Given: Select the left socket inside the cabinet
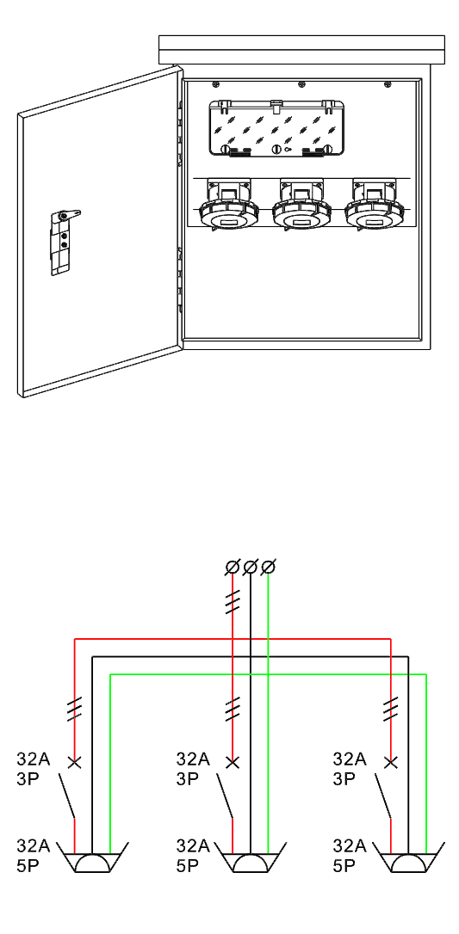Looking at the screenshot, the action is coord(228,206).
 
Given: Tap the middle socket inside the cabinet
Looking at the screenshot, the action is coord(301,206).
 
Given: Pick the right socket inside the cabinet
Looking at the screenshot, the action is coord(375,206).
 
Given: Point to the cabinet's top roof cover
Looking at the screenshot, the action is coord(301,50).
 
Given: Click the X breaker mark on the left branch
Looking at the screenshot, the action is coord(75,762).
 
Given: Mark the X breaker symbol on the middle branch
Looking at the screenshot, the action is coord(233,762).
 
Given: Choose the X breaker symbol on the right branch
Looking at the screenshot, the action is coord(390,762).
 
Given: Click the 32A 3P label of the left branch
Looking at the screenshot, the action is coord(34,769).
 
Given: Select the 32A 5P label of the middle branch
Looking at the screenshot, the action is coord(193,856).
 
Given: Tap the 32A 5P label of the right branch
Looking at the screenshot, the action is coord(350,856).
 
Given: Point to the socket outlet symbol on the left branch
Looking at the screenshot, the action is coord(92,857).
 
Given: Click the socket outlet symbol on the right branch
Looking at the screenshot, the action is coord(408,857).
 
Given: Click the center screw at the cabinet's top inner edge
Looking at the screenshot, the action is coord(301,84).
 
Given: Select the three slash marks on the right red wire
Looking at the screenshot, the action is coord(390,709).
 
